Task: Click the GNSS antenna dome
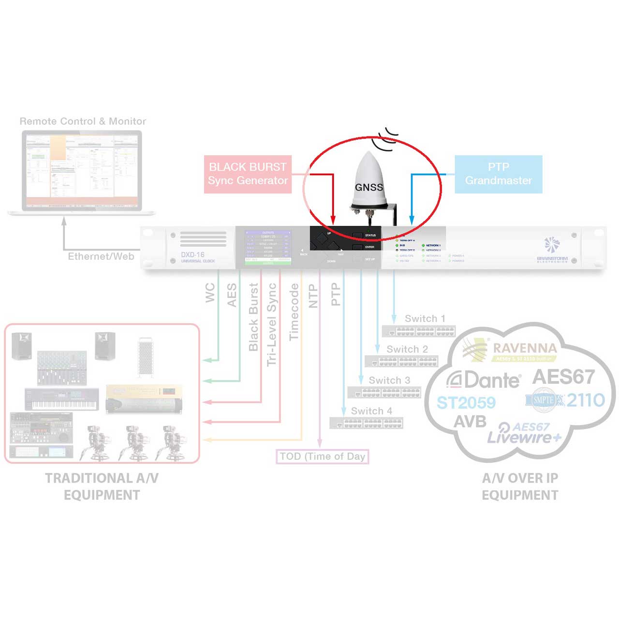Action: coord(369,181)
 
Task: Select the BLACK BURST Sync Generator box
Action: coord(248,174)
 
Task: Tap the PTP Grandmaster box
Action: coord(498,174)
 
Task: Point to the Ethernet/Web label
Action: coord(101,256)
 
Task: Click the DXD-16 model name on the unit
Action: coord(192,254)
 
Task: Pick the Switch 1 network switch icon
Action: coord(419,331)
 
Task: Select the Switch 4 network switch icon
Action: coord(366,423)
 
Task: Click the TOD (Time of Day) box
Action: coord(322,457)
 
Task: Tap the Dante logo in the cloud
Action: coord(484,380)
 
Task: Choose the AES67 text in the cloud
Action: coord(563,377)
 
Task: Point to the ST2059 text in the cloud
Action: coord(466,402)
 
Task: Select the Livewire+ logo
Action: coord(524,433)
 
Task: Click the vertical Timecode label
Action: coord(294,312)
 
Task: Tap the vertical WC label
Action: coord(210,293)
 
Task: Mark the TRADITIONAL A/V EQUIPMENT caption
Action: coord(102,486)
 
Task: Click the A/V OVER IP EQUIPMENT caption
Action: coord(520,486)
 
